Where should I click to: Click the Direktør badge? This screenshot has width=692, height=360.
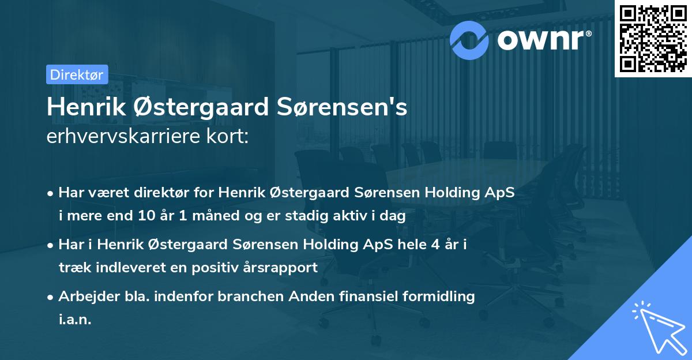pos(77,74)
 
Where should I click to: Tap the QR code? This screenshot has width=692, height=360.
pos(653,39)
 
